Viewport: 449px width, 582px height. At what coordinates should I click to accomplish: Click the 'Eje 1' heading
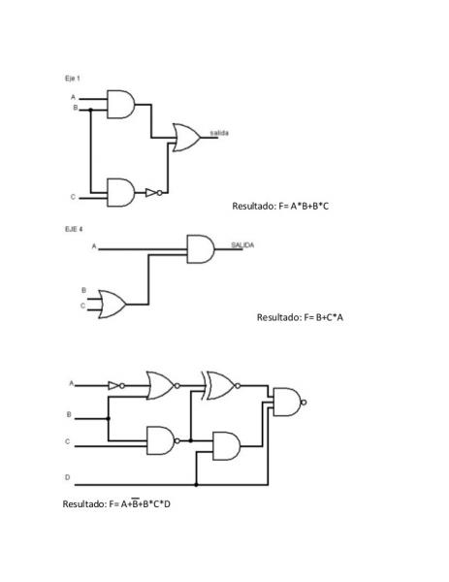pyautogui.click(x=73, y=79)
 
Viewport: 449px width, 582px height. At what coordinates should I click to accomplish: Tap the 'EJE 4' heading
pyautogui.click(x=74, y=229)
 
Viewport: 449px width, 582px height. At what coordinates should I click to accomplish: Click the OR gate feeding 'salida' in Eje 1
pyautogui.click(x=186, y=138)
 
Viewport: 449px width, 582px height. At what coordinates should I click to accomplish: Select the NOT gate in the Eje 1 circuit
pyautogui.click(x=153, y=193)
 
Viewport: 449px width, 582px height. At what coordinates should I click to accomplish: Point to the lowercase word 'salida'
pyautogui.click(x=219, y=133)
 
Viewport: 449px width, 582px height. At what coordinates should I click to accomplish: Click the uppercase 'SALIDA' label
pyautogui.click(x=242, y=245)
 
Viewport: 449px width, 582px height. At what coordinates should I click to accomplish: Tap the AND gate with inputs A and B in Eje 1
pyautogui.click(x=121, y=105)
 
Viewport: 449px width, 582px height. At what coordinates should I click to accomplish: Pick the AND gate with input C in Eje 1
pyautogui.click(x=121, y=192)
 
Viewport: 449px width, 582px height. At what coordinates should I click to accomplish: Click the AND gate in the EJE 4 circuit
pyautogui.click(x=201, y=248)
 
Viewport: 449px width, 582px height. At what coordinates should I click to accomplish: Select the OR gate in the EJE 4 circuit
pyautogui.click(x=112, y=305)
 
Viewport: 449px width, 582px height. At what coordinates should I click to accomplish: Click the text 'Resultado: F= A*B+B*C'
pyautogui.click(x=280, y=206)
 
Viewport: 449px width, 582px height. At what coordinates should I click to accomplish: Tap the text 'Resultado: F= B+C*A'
pyautogui.click(x=300, y=317)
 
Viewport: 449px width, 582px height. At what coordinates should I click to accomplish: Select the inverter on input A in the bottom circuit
pyautogui.click(x=116, y=386)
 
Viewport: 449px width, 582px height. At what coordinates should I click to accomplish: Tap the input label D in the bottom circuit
pyautogui.click(x=67, y=477)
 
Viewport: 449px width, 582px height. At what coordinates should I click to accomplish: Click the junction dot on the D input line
pyautogui.click(x=196, y=485)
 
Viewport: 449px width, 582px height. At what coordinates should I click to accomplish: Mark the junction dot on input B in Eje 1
pyautogui.click(x=90, y=110)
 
